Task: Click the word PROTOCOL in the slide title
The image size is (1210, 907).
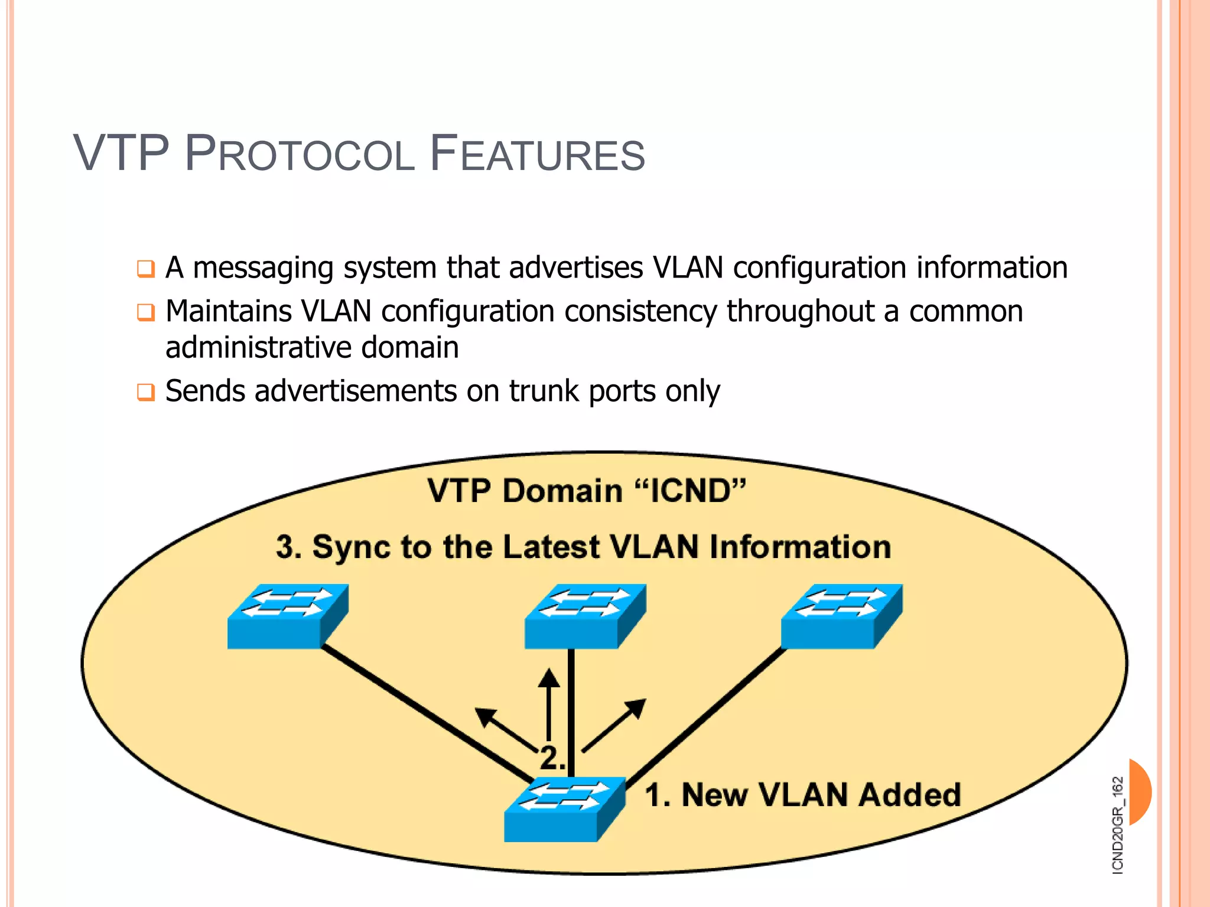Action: [x=300, y=155]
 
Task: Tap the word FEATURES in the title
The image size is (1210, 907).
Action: [x=537, y=155]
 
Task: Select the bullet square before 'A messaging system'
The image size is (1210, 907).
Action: [x=145, y=269]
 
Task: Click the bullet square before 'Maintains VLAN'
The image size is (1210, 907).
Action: [x=145, y=312]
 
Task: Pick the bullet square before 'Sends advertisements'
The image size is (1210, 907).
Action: [x=145, y=392]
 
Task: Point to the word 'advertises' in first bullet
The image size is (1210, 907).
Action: [x=575, y=267]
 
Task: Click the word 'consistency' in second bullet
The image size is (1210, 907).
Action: [x=640, y=312]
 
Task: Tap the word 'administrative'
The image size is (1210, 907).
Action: [x=258, y=347]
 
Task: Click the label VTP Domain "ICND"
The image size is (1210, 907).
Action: [x=587, y=491]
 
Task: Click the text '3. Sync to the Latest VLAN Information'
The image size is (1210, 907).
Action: [x=583, y=547]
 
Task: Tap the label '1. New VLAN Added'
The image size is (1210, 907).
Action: [x=803, y=794]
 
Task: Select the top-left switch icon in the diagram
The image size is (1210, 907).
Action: [x=288, y=616]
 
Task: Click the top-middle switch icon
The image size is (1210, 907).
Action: [x=585, y=616]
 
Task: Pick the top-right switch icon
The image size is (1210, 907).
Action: [x=841, y=616]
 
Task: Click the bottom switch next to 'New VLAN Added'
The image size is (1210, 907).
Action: [x=564, y=809]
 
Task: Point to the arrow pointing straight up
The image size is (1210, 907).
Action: [x=549, y=703]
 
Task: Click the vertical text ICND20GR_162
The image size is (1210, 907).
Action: [x=1117, y=824]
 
